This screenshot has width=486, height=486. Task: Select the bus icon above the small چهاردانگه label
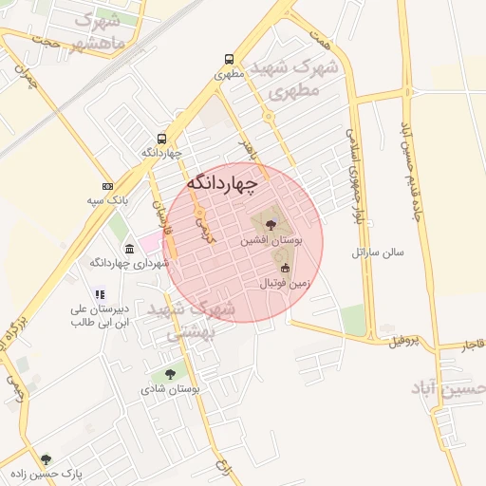tap(162, 138)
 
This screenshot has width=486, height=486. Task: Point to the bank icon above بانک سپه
tap(107, 186)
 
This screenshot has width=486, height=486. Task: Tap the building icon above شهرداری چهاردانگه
tap(129, 248)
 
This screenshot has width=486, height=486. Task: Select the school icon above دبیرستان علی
tap(99, 295)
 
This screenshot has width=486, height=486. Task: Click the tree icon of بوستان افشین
tap(271, 225)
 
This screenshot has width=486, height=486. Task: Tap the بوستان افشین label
tap(271, 241)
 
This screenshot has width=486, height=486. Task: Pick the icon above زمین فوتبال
tap(285, 269)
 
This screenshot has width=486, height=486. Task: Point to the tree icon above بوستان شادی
tap(170, 375)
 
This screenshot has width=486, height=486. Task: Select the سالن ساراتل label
tap(378, 252)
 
